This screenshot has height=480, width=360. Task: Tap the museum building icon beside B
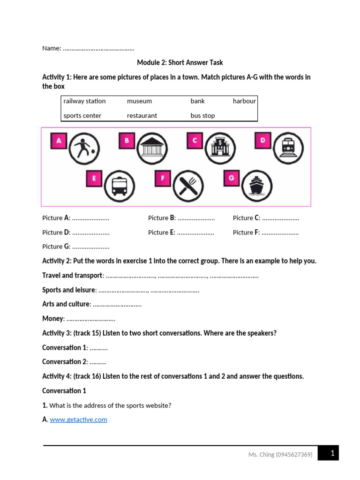pos(151,148)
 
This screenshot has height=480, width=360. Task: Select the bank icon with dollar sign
pos(218,148)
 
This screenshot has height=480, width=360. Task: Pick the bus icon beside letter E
pos(119,185)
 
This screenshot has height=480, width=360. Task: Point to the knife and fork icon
pos(187,185)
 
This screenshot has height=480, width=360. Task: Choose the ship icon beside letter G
pos(256,185)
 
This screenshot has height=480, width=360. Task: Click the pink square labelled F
pos(163,178)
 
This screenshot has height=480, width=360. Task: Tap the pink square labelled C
pos(195,141)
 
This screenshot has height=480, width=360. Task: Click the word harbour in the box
pos(244,101)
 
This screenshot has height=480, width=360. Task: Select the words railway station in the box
pos(84,101)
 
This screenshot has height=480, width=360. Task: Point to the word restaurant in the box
pos(142,116)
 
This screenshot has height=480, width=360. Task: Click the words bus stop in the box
pos(202,116)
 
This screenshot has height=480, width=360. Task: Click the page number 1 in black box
pos(332,453)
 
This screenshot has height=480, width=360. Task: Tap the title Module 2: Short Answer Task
pos(180,63)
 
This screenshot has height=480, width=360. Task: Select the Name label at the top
pos(51,48)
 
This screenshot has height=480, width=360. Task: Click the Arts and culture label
pos(66,304)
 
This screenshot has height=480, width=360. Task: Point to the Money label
pos(52,319)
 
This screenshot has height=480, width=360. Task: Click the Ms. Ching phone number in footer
pos(280,455)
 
